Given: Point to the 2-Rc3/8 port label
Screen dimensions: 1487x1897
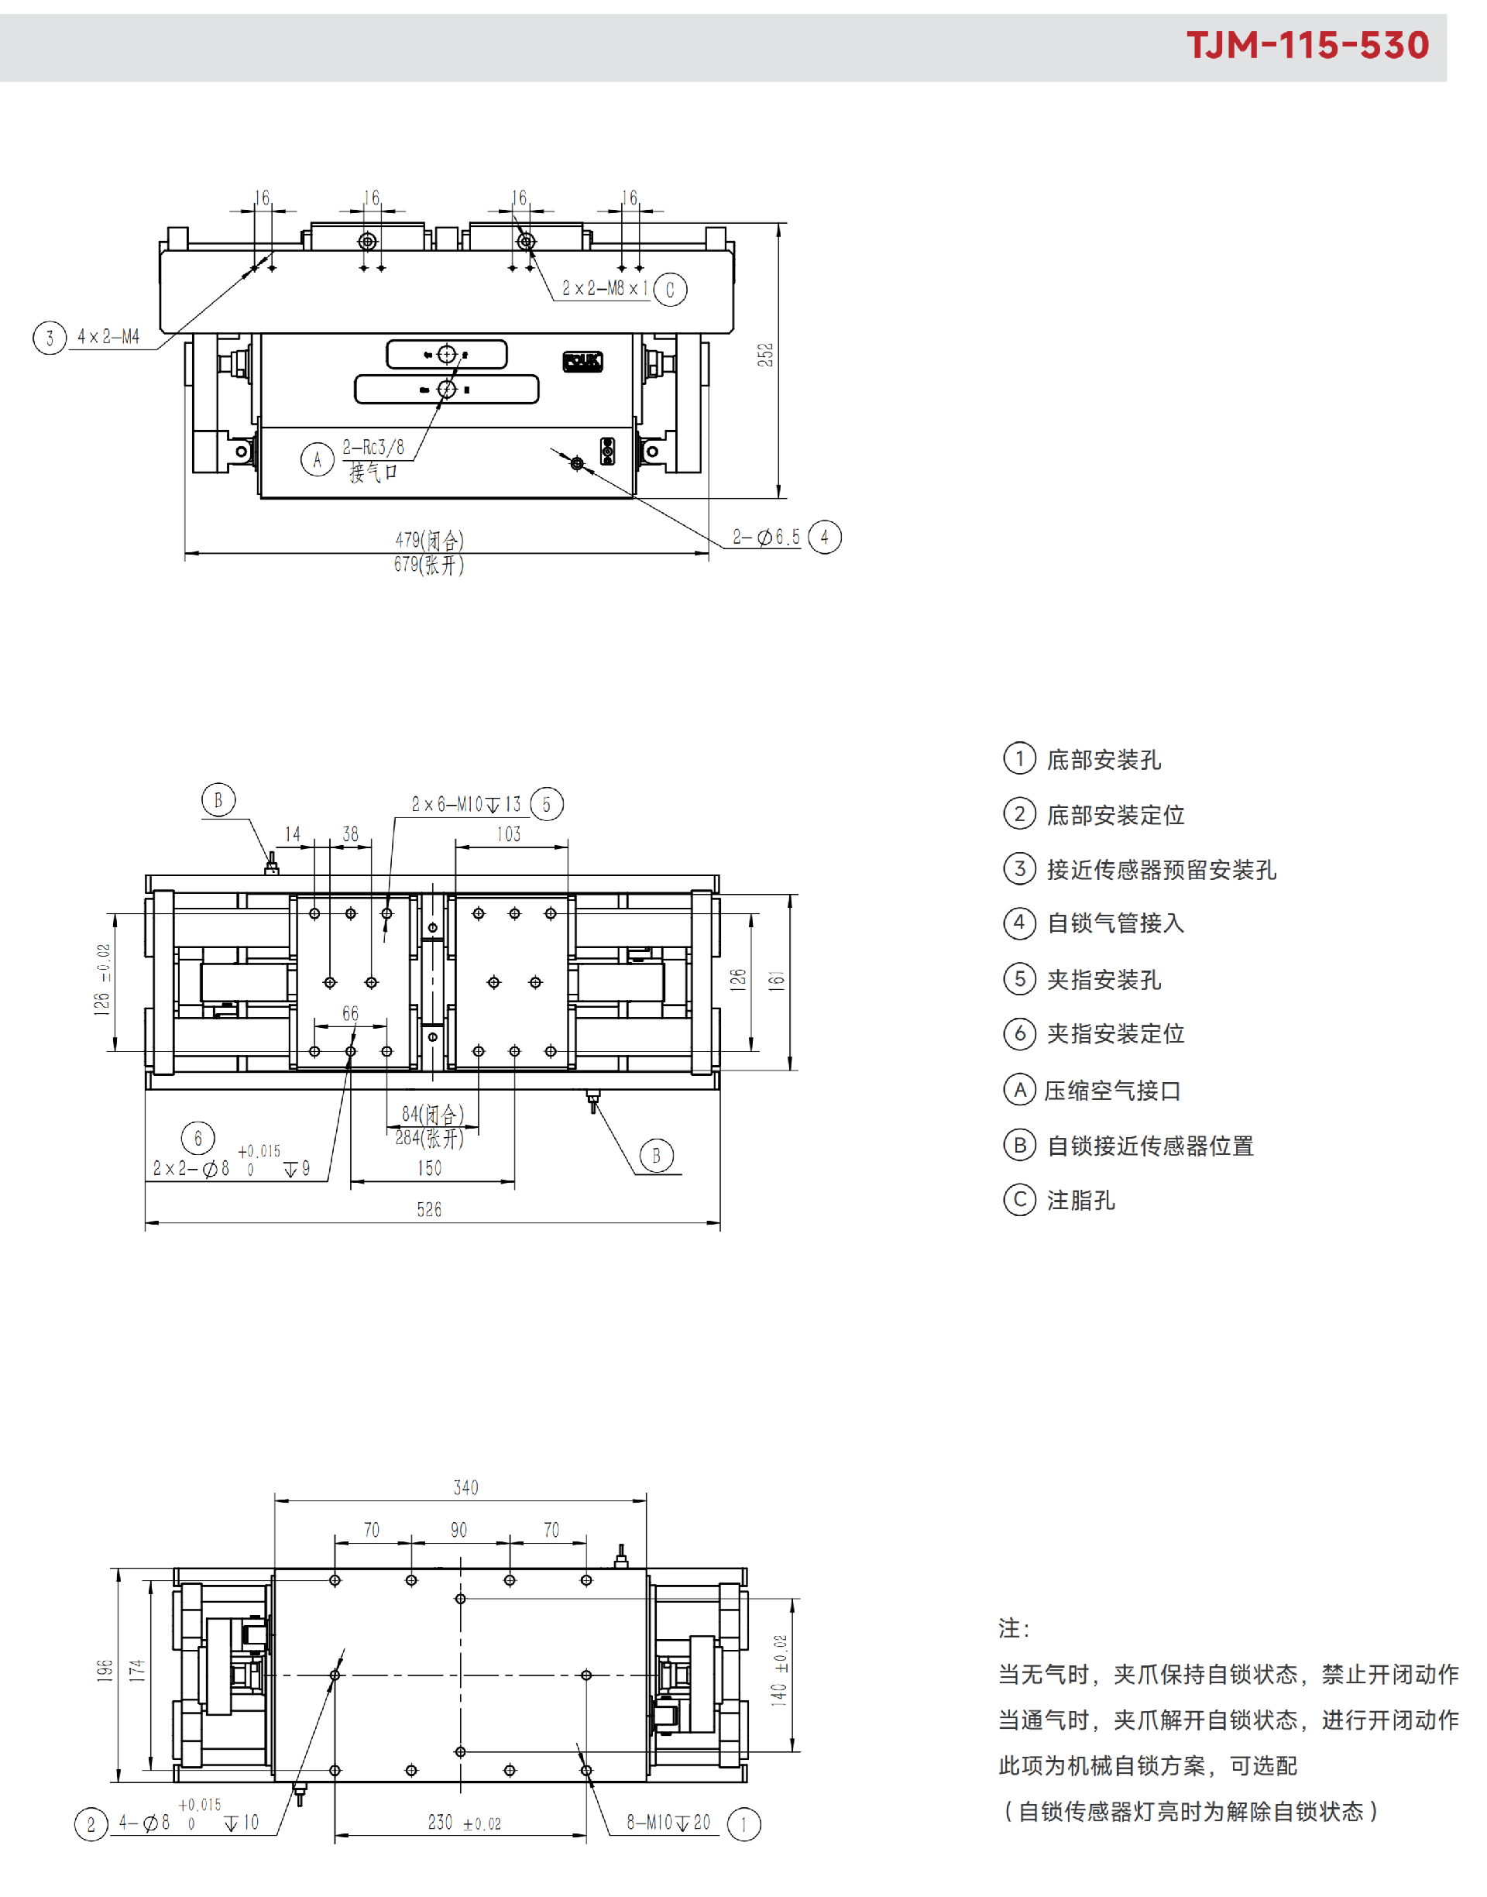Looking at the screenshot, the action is pyautogui.click(x=373, y=448).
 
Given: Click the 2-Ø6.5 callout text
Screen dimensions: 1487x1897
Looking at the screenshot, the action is pyautogui.click(x=766, y=536).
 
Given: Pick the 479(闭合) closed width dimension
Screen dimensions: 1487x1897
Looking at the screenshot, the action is pyautogui.click(x=429, y=540).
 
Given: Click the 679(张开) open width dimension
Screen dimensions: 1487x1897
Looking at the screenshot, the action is pyautogui.click(x=429, y=564).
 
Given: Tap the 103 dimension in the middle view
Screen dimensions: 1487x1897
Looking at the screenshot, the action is pyautogui.click(x=510, y=834).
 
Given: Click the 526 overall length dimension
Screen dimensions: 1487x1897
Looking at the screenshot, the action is pyautogui.click(x=429, y=1209).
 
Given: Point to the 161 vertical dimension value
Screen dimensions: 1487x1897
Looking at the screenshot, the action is pyautogui.click(x=777, y=981).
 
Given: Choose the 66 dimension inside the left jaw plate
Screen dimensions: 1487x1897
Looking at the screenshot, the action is pyautogui.click(x=350, y=1013).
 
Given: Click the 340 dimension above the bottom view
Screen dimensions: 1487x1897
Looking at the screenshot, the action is pyautogui.click(x=465, y=1488).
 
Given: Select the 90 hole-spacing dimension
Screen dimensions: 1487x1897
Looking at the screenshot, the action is pyautogui.click(x=458, y=1531).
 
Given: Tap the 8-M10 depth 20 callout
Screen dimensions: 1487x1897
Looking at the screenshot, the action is pyautogui.click(x=668, y=1822).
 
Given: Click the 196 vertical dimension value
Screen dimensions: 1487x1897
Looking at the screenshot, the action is pyautogui.click(x=105, y=1670).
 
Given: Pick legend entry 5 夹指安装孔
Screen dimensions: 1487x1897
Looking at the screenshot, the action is pyautogui.click(x=1082, y=978).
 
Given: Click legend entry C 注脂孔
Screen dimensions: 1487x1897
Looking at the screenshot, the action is pyautogui.click(x=1059, y=1200).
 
